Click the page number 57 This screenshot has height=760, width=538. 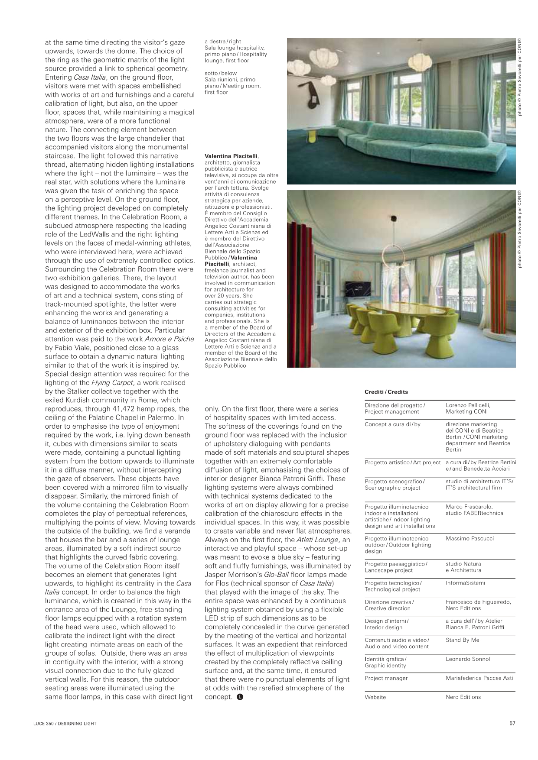tap(512, 723)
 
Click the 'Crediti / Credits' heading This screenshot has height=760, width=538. tap(386, 392)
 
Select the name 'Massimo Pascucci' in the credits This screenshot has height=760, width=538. tap(470, 538)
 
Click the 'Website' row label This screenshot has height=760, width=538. tap(375, 697)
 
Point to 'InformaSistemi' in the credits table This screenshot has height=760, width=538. tap(465, 582)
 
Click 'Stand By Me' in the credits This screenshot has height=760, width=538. tap(462, 640)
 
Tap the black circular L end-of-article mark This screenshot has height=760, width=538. tap(241, 697)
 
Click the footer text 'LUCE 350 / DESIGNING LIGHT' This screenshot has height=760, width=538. tap(65, 723)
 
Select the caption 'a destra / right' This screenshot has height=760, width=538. tap(223, 42)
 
